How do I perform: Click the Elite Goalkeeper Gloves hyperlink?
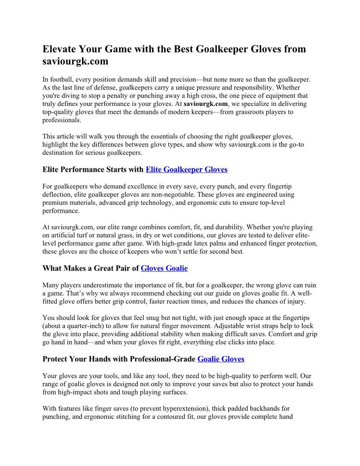coord(187,169)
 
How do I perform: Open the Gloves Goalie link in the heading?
coord(164,268)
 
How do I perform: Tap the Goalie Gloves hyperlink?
coord(221,359)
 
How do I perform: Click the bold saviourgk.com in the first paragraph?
coord(206,104)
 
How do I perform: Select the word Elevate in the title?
coord(59,49)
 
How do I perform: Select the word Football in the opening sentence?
coord(63,79)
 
